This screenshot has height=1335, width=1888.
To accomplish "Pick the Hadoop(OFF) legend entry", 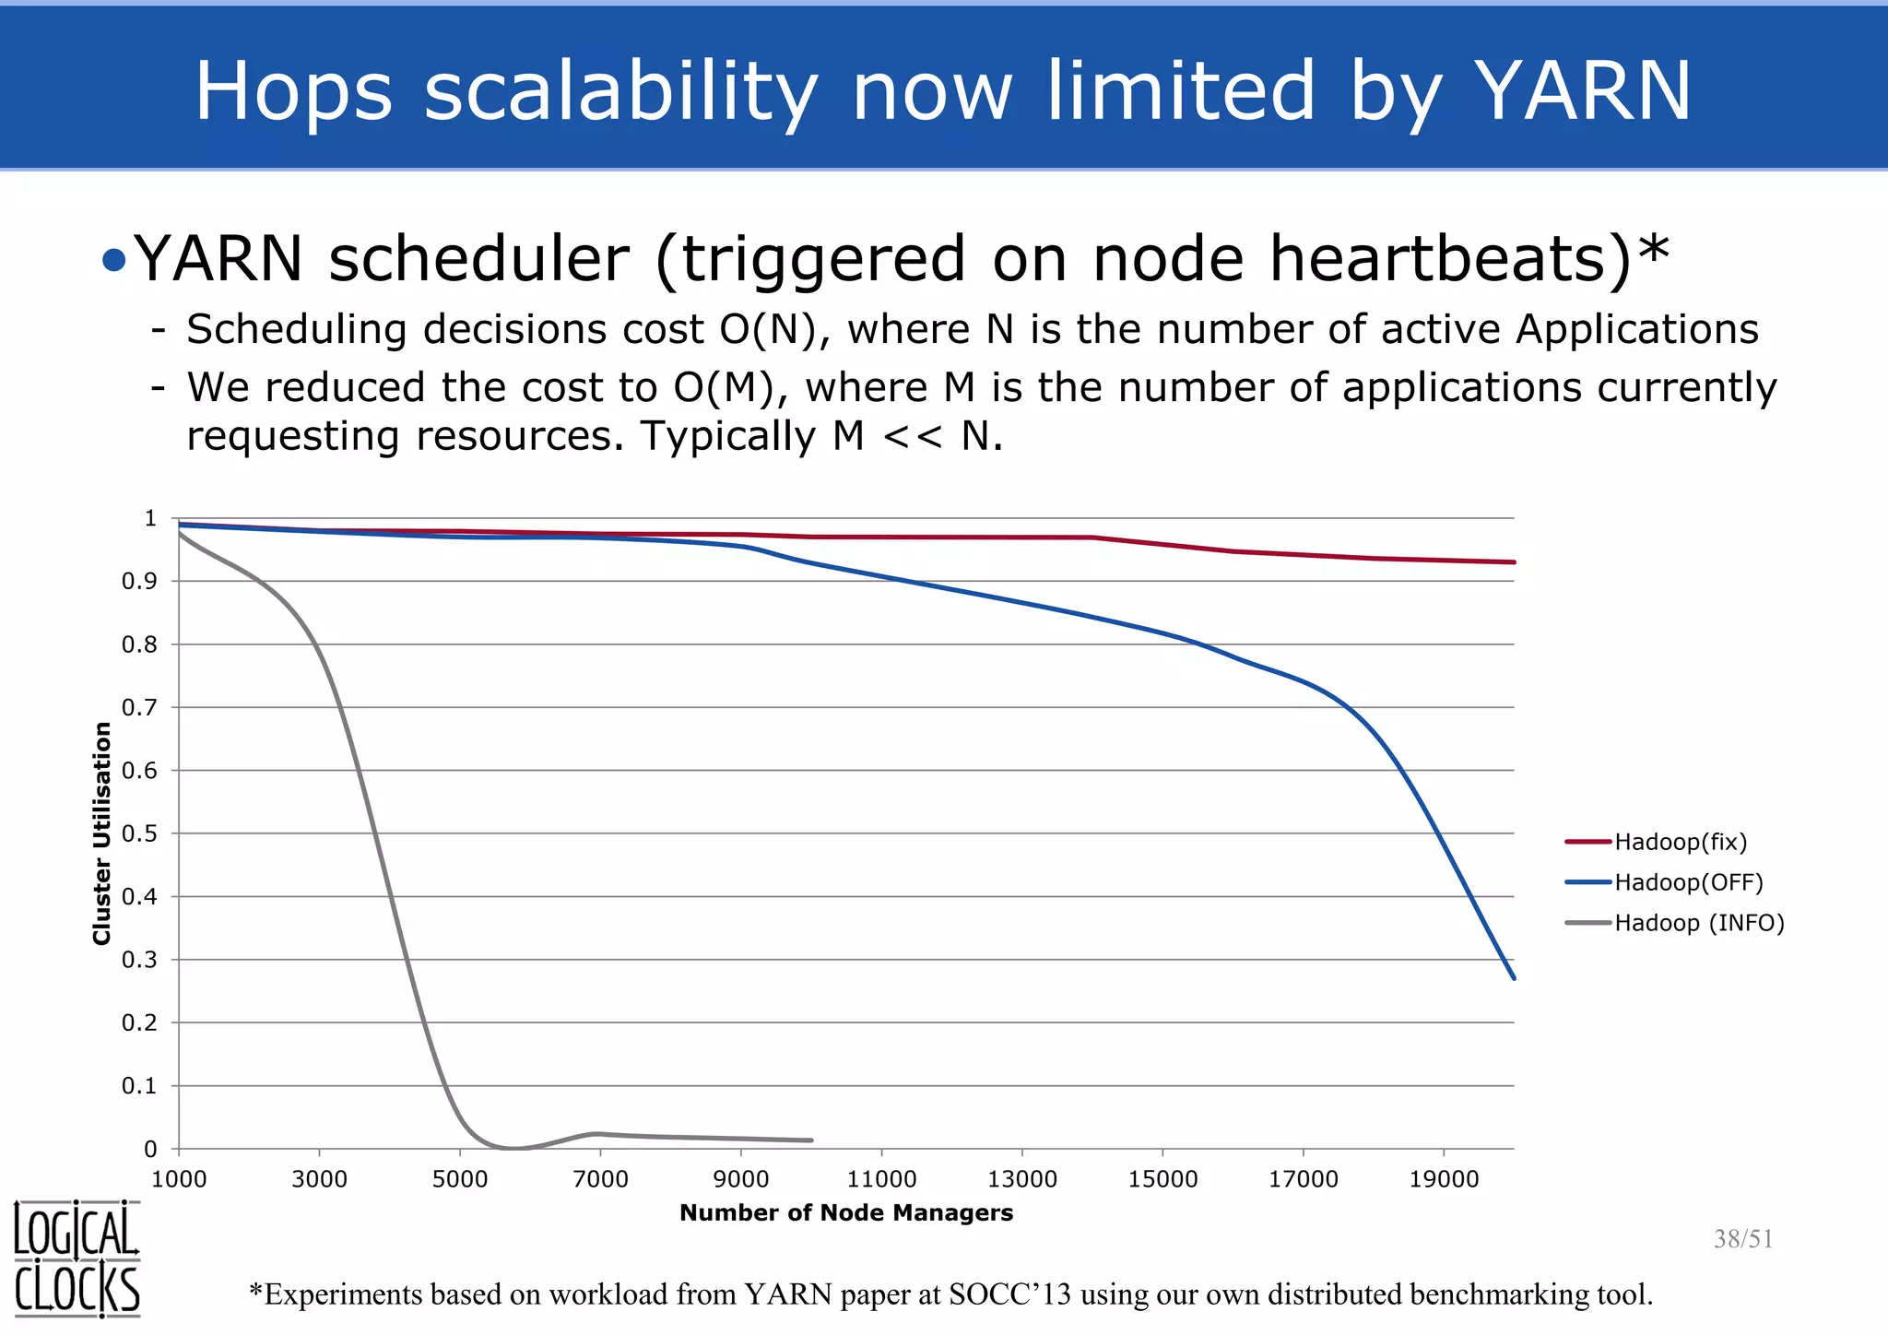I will click(x=1688, y=882).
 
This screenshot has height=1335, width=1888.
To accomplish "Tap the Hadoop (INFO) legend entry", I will click(x=1699, y=923).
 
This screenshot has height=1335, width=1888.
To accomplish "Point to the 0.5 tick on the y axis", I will click(x=140, y=833).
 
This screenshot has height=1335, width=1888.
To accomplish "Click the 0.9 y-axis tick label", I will click(x=140, y=581).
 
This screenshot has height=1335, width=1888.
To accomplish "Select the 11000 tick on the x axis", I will click(x=881, y=1179).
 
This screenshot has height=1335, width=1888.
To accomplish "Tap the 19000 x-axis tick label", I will click(x=1444, y=1179).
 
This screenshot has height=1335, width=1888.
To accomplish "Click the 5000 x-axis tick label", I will click(x=460, y=1179).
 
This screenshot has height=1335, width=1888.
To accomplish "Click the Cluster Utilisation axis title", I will click(x=101, y=833).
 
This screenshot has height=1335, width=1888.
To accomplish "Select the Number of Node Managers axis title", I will click(x=846, y=1213).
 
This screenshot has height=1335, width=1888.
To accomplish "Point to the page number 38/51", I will click(x=1742, y=1239).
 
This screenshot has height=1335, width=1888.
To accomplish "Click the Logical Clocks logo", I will click(x=77, y=1259).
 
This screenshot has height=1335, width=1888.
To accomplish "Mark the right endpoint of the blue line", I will click(x=1514, y=977).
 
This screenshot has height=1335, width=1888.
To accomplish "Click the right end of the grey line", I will click(x=810, y=1140).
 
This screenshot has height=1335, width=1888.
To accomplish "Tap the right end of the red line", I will click(x=1514, y=562).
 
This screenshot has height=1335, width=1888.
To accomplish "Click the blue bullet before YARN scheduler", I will click(x=114, y=261).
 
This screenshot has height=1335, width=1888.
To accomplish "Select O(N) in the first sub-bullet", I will click(x=768, y=330).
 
